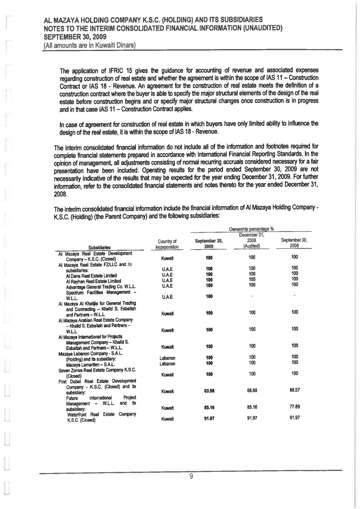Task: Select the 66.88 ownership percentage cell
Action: coord(252,390)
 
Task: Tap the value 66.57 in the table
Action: coord(295,390)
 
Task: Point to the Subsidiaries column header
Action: coord(99,247)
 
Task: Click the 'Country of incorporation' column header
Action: coord(167,244)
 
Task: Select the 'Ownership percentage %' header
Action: coord(251,229)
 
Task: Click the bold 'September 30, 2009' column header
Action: coord(208,244)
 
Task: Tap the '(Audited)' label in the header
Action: coord(252,246)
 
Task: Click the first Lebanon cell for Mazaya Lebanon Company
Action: coord(167,358)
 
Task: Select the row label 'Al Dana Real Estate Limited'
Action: coord(91,276)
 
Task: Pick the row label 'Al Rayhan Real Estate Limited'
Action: coord(93,281)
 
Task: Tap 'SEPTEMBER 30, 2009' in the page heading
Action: coord(75,37)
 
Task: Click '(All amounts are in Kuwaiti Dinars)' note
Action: coord(89,45)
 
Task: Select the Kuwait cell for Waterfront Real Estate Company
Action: coord(167,419)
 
